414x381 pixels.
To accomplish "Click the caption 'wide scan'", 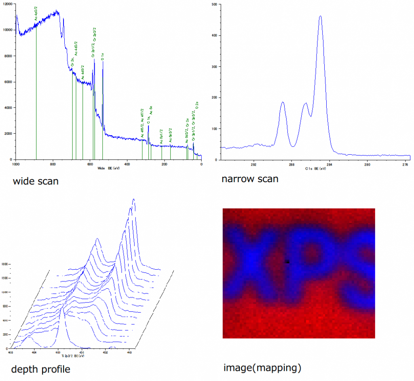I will (x=36, y=181).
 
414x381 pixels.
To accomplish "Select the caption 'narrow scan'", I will (x=250, y=179).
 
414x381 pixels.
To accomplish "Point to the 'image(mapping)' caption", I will (x=262, y=368).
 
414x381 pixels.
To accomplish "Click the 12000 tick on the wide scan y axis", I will (x=8, y=4).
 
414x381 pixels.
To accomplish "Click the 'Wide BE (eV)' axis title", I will (x=109, y=168).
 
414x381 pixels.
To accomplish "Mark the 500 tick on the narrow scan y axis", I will (x=214, y=4).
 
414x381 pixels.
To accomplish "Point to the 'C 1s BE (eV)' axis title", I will (x=315, y=168).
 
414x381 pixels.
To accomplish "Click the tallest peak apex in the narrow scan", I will (x=320, y=16).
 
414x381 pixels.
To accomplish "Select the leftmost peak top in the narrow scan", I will (x=283, y=102).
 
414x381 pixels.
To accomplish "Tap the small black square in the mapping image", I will (x=287, y=262).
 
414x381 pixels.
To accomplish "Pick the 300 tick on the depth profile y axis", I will (x=5, y=334).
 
